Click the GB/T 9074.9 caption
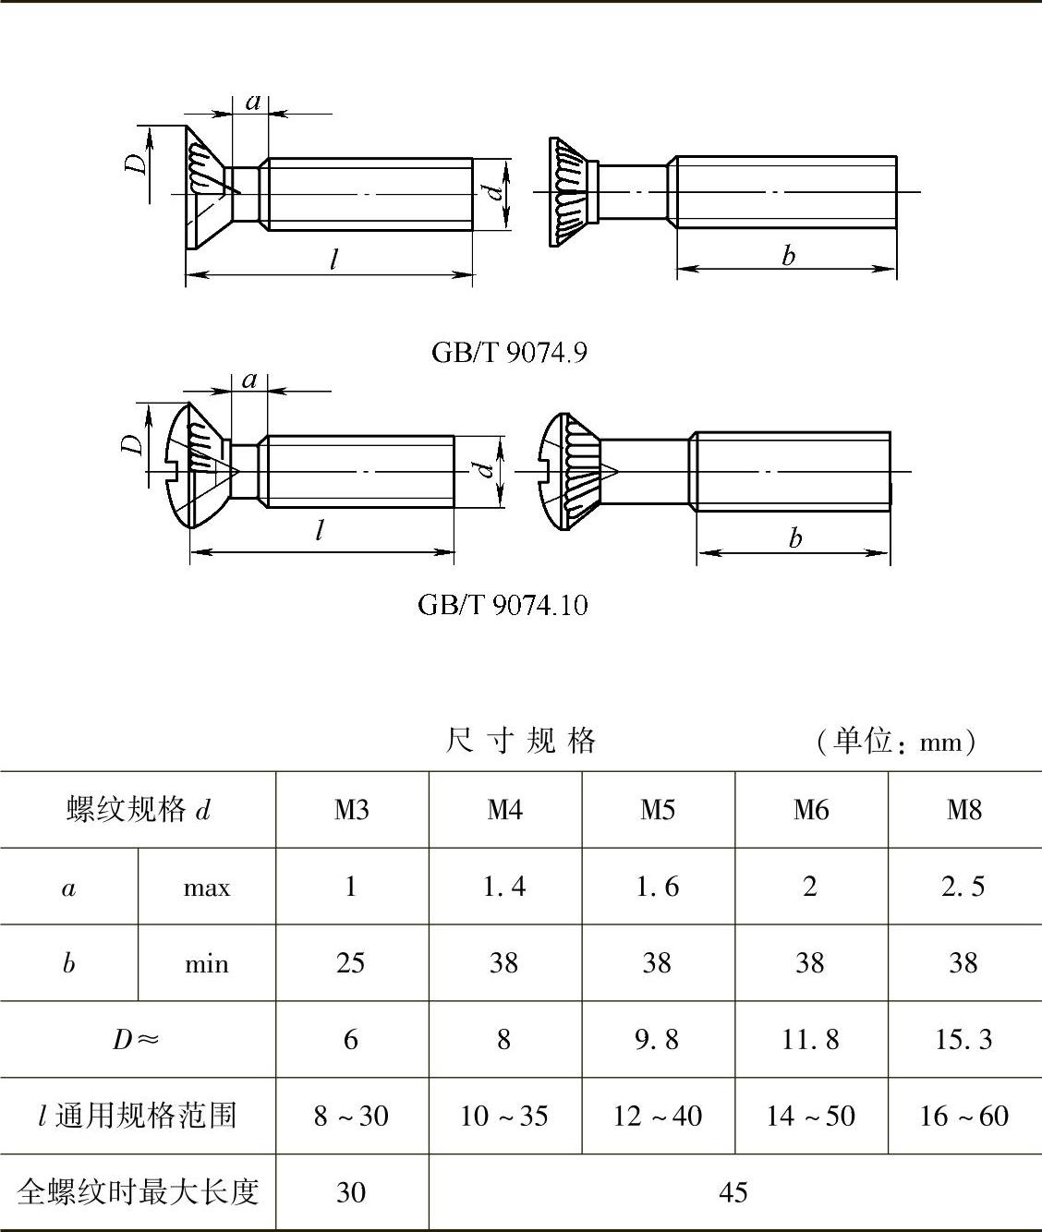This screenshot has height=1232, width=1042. click(x=509, y=353)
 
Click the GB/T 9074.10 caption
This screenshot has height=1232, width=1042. click(x=503, y=605)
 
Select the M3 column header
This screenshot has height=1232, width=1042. click(x=351, y=810)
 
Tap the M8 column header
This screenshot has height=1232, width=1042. click(x=964, y=810)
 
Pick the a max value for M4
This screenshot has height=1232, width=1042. click(x=504, y=887)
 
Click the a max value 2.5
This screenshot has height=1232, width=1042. click(x=963, y=887)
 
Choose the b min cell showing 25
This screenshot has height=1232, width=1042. click(x=351, y=963)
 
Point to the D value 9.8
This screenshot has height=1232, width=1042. click(x=657, y=1040)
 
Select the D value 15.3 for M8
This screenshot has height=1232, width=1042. click(x=963, y=1040)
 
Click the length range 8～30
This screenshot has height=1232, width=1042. click(x=351, y=1116)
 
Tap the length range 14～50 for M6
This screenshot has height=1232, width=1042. click(x=810, y=1116)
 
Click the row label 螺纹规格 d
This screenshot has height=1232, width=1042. click(x=139, y=810)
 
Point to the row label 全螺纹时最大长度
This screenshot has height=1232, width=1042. click(x=138, y=1192)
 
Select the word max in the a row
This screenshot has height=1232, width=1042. click(x=207, y=888)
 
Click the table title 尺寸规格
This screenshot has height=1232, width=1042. click(x=521, y=741)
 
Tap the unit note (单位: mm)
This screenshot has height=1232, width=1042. click(x=896, y=742)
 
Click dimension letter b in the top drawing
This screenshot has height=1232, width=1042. click(x=788, y=256)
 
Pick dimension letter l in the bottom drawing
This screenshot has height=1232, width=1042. click(x=320, y=531)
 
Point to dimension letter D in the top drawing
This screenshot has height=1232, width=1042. click(x=136, y=163)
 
